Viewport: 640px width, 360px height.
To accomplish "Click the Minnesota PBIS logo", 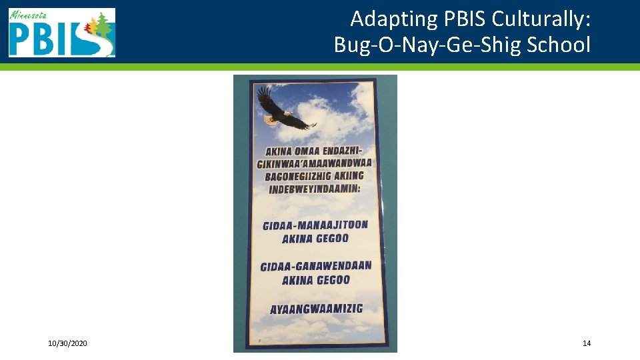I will point(61,33).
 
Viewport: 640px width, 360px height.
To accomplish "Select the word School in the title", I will point(558,45).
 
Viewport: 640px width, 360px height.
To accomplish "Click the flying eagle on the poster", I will point(283,110).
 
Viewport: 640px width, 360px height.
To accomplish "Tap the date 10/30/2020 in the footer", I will point(67,343).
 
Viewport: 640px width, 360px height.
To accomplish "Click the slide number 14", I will point(587,343).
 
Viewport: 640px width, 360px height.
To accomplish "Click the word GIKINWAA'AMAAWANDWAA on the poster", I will point(314,163).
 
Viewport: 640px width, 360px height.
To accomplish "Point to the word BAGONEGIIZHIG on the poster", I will point(296,177).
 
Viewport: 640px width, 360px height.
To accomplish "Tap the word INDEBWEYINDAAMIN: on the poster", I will point(314,190).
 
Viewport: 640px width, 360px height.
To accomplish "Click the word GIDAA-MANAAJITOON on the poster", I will point(315,225).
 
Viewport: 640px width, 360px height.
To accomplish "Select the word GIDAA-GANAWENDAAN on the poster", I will point(316,266).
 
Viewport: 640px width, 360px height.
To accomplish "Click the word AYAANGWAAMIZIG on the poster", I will point(316,309).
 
